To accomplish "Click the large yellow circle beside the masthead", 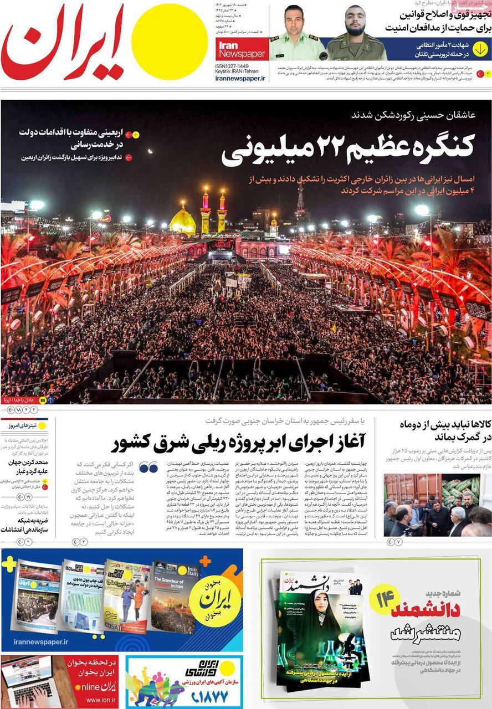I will (170, 41).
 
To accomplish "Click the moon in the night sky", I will (150, 151).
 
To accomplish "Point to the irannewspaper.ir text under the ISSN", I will (240, 79).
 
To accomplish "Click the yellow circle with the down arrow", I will (480, 49).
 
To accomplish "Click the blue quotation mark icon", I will (148, 467).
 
